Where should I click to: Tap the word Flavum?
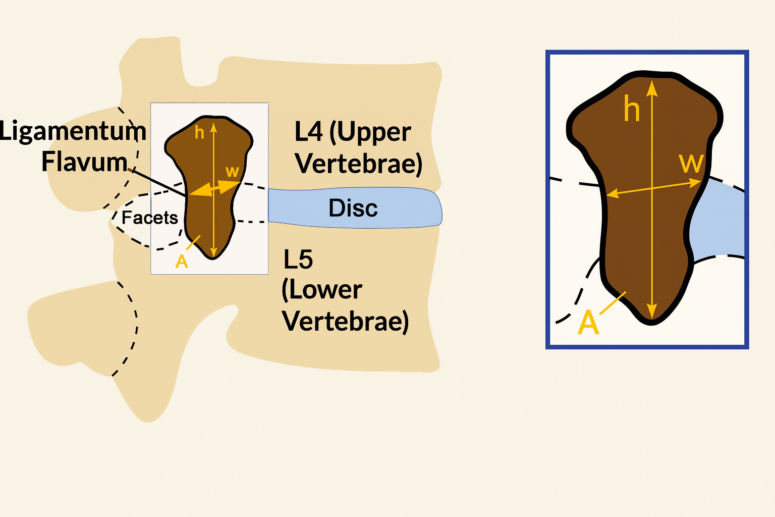pyautogui.click(x=84, y=163)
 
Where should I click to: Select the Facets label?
pyautogui.click(x=150, y=218)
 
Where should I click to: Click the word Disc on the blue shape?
pyautogui.click(x=353, y=208)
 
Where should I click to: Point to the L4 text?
pyautogui.click(x=308, y=132)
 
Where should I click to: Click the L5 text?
pyautogui.click(x=298, y=260)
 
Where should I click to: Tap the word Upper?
pyautogui.click(x=374, y=133)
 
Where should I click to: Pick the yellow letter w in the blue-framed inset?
pyautogui.click(x=691, y=164)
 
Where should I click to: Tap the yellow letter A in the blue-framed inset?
pyautogui.click(x=588, y=323)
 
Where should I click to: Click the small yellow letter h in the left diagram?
pyautogui.click(x=199, y=133)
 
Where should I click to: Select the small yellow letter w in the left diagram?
pyautogui.click(x=232, y=172)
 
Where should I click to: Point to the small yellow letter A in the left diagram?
pyautogui.click(x=181, y=262)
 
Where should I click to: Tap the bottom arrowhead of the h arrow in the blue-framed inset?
pyautogui.click(x=652, y=312)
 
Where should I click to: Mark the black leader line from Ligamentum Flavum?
pyautogui.click(x=159, y=183)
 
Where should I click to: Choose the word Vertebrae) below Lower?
pyautogui.click(x=345, y=322)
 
